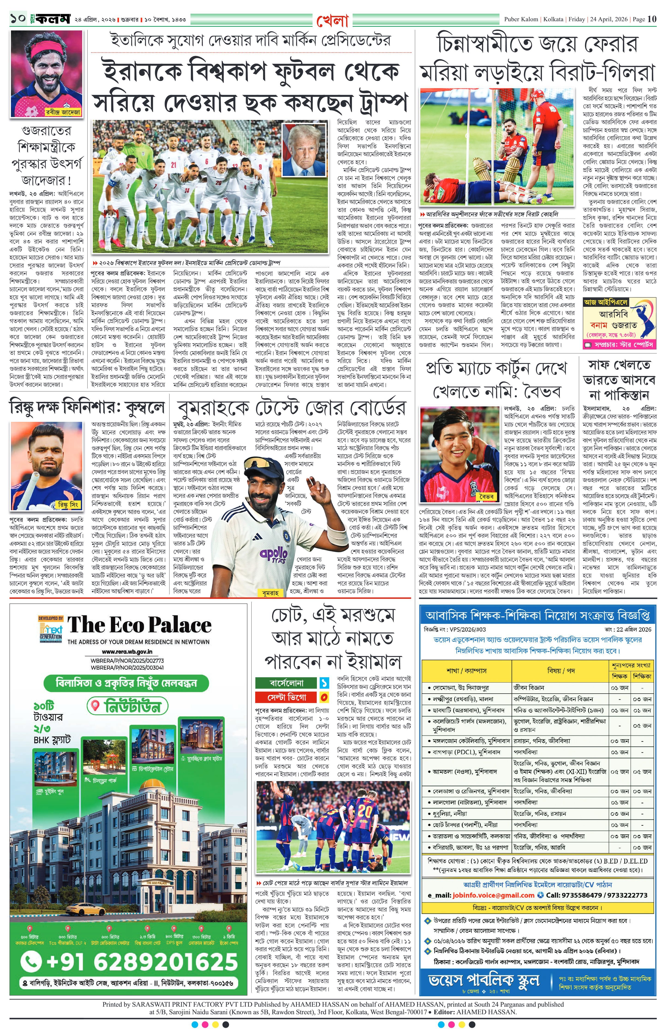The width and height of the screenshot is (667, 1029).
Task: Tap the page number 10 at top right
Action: (652, 19)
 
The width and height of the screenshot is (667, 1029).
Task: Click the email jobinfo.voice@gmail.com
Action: (493, 895)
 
